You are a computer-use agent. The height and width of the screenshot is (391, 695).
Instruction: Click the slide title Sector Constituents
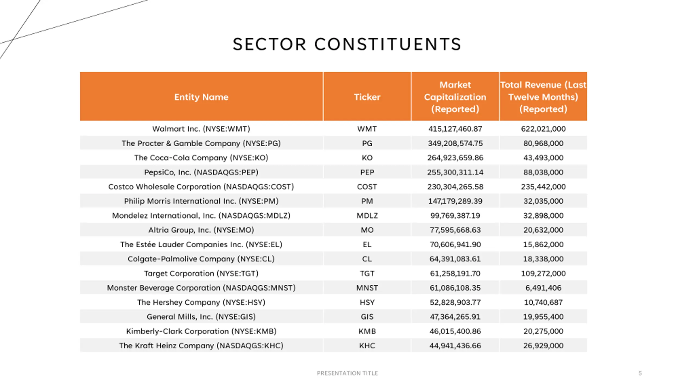pyautogui.click(x=347, y=44)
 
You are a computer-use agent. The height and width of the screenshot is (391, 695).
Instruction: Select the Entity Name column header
pyautogui.click(x=201, y=97)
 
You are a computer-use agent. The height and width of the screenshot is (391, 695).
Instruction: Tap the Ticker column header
pyautogui.click(x=367, y=97)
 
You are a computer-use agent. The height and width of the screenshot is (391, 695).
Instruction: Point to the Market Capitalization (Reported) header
pyautogui.click(x=455, y=97)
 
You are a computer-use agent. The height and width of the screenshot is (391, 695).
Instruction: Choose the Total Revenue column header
pyautogui.click(x=543, y=97)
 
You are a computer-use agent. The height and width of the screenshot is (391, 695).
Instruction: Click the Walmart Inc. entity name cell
pyautogui.click(x=201, y=129)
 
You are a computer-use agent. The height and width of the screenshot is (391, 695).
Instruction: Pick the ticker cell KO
pyautogui.click(x=367, y=158)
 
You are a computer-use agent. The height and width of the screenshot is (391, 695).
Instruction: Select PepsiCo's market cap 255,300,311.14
pyautogui.click(x=455, y=172)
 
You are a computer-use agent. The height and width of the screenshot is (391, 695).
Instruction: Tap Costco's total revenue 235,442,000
pyautogui.click(x=543, y=187)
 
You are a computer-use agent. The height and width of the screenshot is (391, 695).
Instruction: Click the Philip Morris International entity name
pyautogui.click(x=201, y=201)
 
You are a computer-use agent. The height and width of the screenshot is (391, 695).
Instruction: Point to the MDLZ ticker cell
pyautogui.click(x=367, y=216)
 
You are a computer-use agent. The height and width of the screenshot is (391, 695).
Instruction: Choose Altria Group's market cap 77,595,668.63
pyautogui.click(x=455, y=230)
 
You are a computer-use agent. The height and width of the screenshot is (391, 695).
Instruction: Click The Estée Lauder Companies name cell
pyautogui.click(x=201, y=244)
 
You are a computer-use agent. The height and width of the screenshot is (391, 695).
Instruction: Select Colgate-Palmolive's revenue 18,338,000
pyautogui.click(x=543, y=259)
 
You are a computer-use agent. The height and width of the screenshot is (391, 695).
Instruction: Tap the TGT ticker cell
pyautogui.click(x=367, y=273)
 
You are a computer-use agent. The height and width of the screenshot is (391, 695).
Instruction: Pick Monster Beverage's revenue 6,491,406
pyautogui.click(x=543, y=288)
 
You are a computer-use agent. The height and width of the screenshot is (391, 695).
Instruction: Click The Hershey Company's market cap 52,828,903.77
pyautogui.click(x=455, y=302)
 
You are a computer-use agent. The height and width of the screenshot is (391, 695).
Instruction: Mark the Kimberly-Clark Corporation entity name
pyautogui.click(x=201, y=331)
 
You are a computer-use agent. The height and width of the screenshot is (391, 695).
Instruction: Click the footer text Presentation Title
pyautogui.click(x=347, y=373)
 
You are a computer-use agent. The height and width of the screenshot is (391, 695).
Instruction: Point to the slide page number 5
pyautogui.click(x=640, y=373)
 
